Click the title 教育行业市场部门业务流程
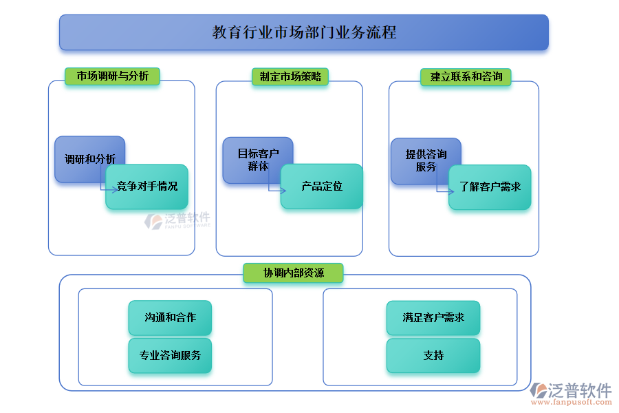click(x=304, y=32)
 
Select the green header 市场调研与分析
click(x=112, y=76)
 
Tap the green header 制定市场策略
click(x=290, y=76)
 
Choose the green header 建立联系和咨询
click(x=466, y=76)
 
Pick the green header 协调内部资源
click(x=293, y=273)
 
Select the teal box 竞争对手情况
click(x=146, y=187)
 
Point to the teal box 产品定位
click(x=321, y=187)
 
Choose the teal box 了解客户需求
click(x=490, y=187)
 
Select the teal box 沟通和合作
click(x=170, y=318)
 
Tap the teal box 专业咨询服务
click(x=170, y=356)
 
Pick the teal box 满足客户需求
click(x=433, y=318)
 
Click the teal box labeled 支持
click(x=433, y=356)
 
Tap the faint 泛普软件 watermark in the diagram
click(x=177, y=220)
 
